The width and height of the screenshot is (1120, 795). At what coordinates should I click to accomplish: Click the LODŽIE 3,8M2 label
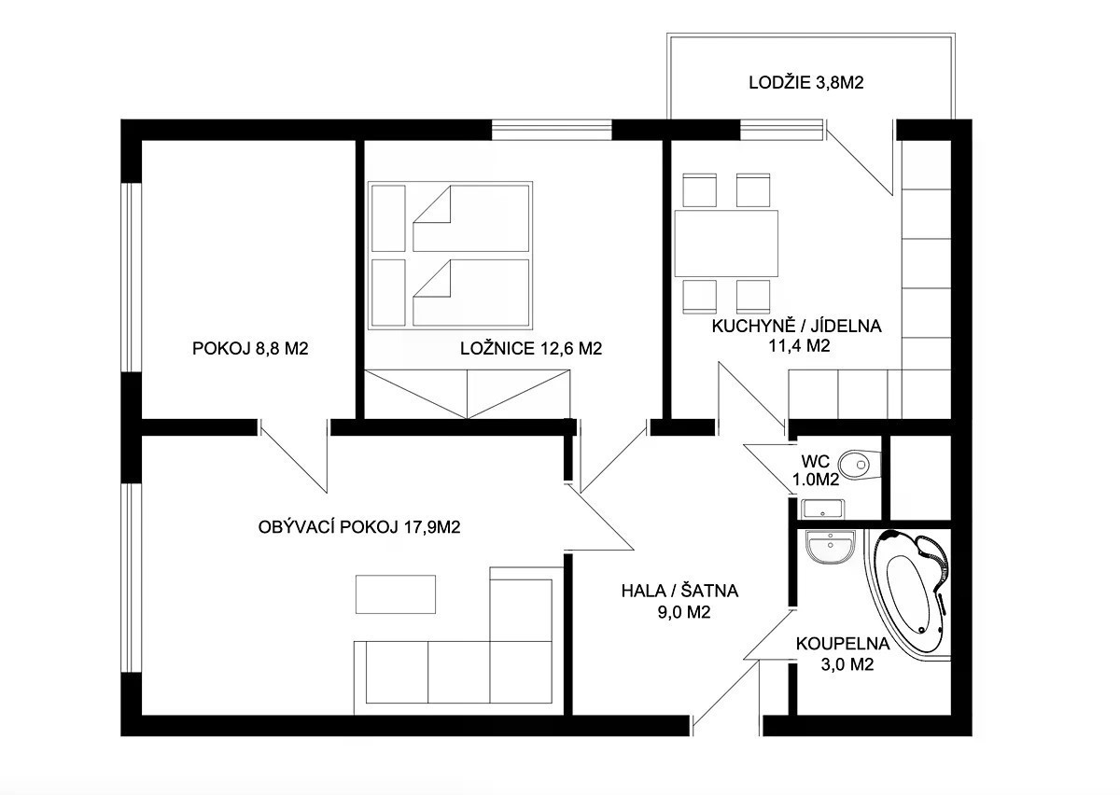click(x=806, y=82)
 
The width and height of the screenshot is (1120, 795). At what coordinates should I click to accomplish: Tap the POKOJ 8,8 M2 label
click(x=250, y=348)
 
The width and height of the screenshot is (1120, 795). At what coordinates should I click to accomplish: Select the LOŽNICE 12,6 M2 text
click(x=531, y=348)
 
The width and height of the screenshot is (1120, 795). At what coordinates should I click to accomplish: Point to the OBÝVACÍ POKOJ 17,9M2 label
click(x=359, y=527)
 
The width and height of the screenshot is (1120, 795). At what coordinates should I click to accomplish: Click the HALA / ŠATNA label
click(x=679, y=591)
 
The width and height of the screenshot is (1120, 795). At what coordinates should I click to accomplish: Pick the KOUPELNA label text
click(x=843, y=644)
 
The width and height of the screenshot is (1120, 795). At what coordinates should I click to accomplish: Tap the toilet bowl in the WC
click(x=859, y=465)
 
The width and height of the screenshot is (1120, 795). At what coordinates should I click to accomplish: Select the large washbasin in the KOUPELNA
click(x=831, y=547)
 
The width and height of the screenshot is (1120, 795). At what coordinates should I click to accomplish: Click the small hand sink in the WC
click(x=822, y=509)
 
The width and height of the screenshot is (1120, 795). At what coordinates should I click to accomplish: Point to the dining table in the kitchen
click(x=726, y=244)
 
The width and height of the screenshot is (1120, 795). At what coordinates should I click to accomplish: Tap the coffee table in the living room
click(x=396, y=594)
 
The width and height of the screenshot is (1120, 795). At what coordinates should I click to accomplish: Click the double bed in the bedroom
click(x=450, y=255)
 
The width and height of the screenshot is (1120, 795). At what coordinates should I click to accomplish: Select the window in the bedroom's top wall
click(x=552, y=130)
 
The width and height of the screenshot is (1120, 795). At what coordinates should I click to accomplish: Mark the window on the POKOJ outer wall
click(x=132, y=277)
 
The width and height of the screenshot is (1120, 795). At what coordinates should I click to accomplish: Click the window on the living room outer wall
click(x=132, y=578)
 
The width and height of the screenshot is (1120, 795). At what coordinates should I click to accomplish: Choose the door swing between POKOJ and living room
click(x=294, y=456)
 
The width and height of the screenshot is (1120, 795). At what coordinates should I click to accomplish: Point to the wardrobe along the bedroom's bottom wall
click(x=467, y=394)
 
